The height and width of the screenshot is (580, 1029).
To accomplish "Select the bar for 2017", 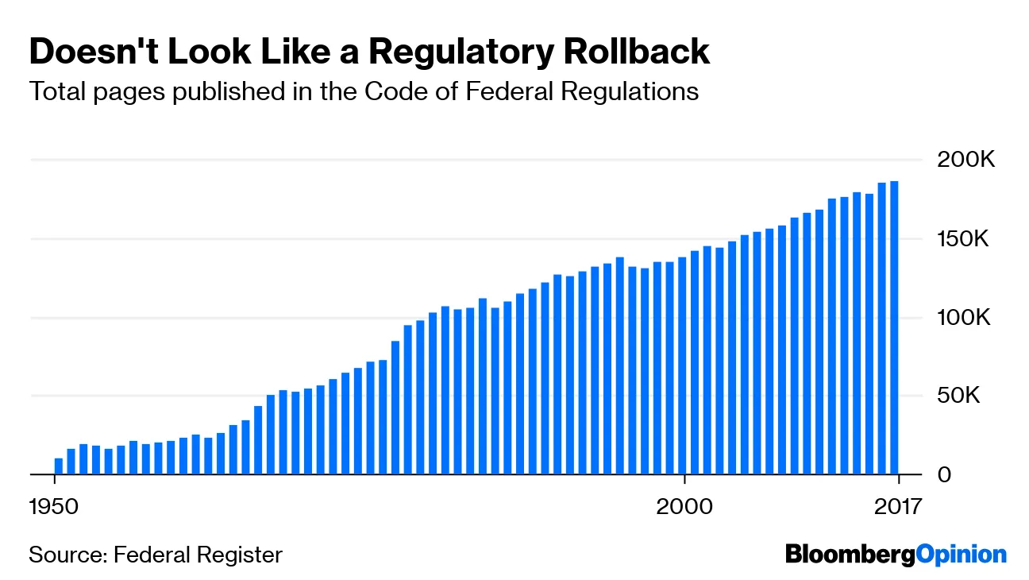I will point(894,327).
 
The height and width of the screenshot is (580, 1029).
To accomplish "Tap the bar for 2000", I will point(682,365).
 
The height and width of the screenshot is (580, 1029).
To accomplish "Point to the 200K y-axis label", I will point(965,160).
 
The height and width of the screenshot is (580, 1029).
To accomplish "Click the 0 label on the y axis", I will point(942,474).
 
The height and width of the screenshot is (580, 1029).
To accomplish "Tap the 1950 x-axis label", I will point(55,506).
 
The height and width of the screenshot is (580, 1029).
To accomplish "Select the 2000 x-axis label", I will point(684,506).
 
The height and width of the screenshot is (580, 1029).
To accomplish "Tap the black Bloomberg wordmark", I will point(850,555).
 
